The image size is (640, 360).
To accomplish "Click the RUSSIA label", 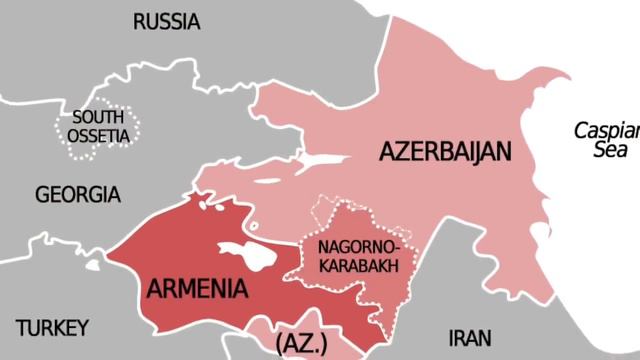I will (x=166, y=21).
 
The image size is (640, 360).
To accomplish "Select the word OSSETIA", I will (x=99, y=135).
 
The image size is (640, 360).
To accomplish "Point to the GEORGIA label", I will (x=77, y=195).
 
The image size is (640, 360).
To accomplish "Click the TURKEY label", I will (x=53, y=327).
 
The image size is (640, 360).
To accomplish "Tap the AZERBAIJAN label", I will (x=445, y=152).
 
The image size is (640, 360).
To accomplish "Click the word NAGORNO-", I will (x=358, y=247).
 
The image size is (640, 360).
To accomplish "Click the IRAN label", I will (x=470, y=337).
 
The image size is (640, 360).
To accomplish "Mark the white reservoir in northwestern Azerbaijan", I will (x=318, y=161).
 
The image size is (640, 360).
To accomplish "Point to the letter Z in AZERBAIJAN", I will (x=398, y=152).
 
